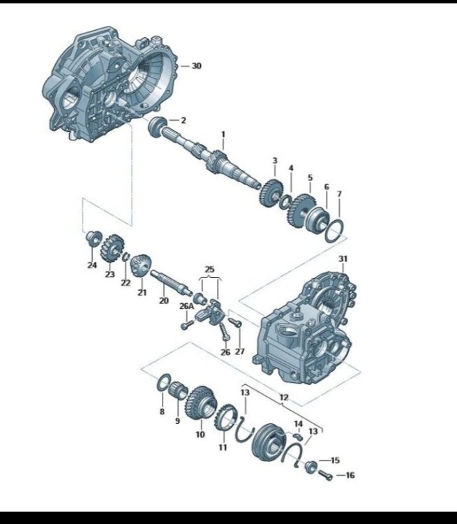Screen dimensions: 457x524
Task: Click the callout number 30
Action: coord(197,66)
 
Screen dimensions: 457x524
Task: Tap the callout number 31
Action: coord(343,259)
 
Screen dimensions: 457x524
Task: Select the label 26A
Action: coord(186,306)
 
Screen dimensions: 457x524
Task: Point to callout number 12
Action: coord(284,398)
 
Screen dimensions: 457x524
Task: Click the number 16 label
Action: coord(350,475)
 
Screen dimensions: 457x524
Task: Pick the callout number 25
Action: coord(209,269)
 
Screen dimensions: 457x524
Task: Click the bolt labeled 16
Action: coord(325,475)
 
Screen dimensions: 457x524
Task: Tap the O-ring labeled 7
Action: coord(334,231)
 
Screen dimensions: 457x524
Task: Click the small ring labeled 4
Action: coord(285,201)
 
